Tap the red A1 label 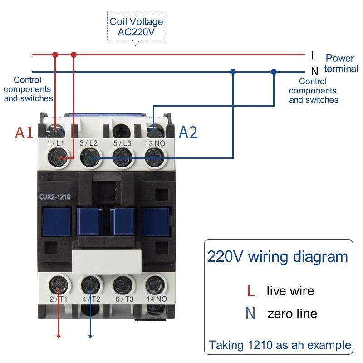pos(25,132)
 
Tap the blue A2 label pos(188,132)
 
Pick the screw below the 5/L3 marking pos(122,158)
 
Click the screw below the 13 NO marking pos(154,158)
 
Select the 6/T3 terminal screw pos(122,285)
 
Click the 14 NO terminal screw pos(153,285)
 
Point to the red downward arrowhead pos(58,335)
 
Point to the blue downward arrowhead pos(90,335)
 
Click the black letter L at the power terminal pos(314,56)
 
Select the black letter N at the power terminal pos(314,71)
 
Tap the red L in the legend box pos(250,290)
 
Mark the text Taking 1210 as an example pos(280,345)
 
